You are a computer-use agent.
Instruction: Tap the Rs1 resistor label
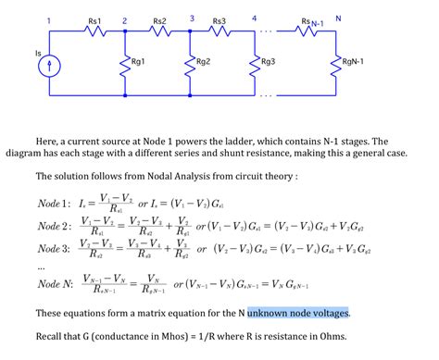[94, 19]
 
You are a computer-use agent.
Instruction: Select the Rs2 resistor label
[158, 19]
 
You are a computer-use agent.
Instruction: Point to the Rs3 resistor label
[219, 19]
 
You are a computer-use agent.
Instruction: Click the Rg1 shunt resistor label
[140, 62]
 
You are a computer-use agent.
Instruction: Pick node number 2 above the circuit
[125, 19]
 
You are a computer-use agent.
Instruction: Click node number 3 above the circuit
[190, 18]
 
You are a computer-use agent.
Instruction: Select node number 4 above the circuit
[253, 18]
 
